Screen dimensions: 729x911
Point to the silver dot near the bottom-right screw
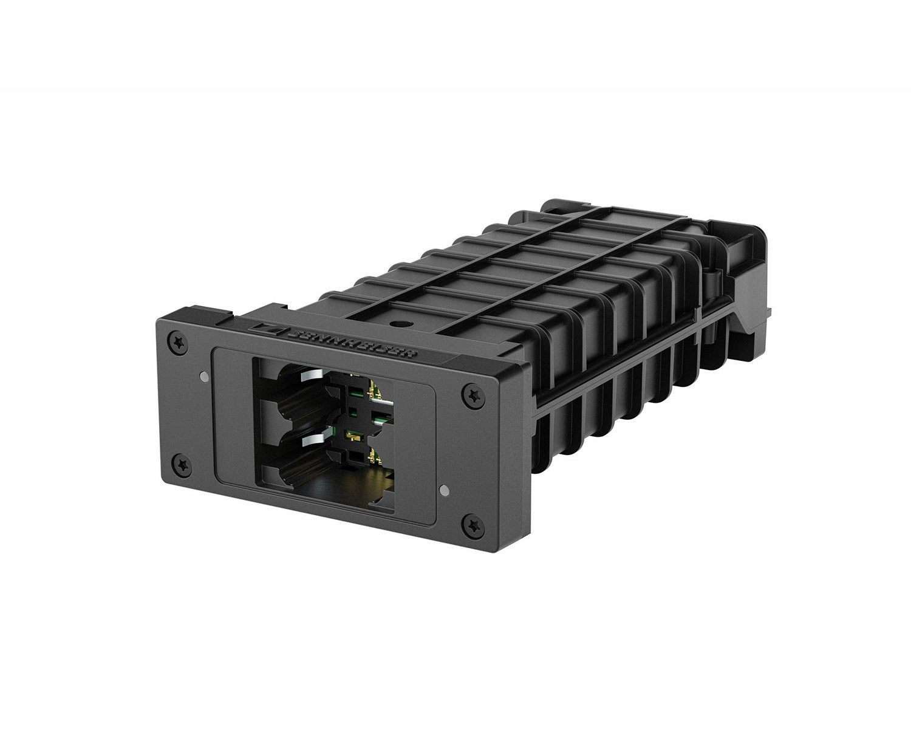coord(448,490)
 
